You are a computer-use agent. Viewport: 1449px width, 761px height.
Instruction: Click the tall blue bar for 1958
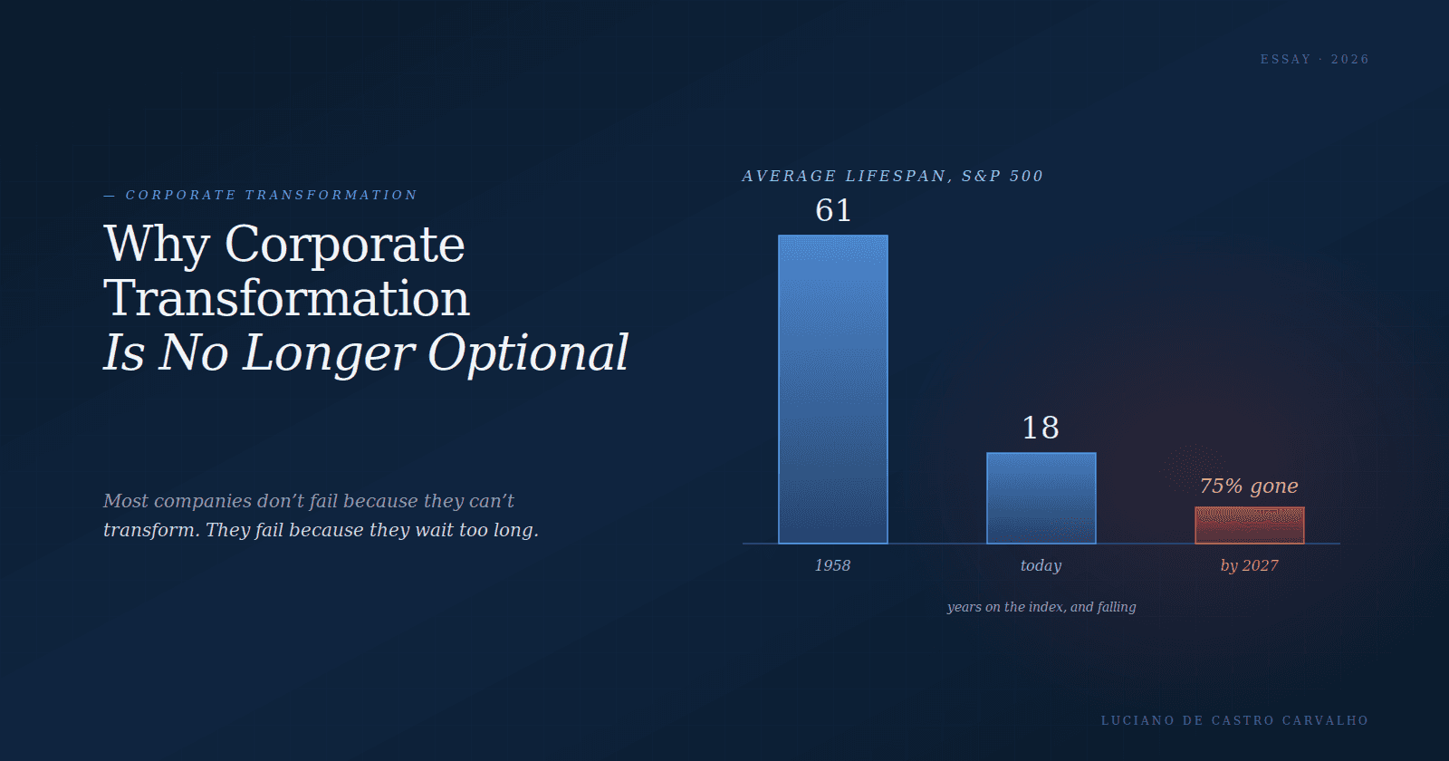coord(832,389)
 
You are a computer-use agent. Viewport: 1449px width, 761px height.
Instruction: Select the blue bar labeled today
coord(1041,497)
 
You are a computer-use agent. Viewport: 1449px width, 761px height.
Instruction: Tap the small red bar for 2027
coord(1249,525)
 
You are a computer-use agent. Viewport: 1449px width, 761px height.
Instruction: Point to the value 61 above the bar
coord(833,210)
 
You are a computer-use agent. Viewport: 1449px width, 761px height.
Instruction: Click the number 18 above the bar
coord(1041,428)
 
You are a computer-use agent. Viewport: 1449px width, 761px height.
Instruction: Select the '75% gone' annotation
coord(1249,486)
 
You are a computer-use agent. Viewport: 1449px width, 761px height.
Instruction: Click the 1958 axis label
coord(832,565)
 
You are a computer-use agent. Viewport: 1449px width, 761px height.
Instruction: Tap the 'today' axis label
coord(1041,565)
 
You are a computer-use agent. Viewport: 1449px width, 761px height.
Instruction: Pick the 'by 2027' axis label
coord(1249,565)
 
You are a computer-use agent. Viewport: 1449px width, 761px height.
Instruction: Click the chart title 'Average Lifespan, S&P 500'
coord(893,176)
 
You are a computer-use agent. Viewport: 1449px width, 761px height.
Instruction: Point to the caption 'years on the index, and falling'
coord(1041,607)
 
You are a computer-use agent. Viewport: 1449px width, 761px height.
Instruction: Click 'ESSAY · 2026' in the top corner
coord(1314,60)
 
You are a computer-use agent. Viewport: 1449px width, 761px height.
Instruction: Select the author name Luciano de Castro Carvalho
coord(1235,720)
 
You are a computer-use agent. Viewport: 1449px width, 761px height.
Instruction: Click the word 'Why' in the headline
coord(157,246)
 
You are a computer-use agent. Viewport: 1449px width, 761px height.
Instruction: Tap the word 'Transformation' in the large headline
coord(286,298)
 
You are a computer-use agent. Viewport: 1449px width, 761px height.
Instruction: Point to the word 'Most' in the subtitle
coord(126,501)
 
